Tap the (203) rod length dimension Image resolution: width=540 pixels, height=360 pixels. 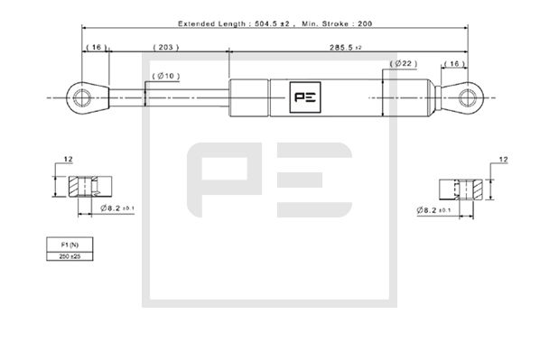[164, 46]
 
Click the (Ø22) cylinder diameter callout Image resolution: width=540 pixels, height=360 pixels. [404, 65]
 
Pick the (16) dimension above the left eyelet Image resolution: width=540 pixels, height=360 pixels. [95, 46]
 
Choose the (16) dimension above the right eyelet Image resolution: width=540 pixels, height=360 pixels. [454, 65]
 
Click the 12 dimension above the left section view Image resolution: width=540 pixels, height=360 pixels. [68, 160]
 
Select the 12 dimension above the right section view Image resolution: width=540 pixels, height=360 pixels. [503, 162]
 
